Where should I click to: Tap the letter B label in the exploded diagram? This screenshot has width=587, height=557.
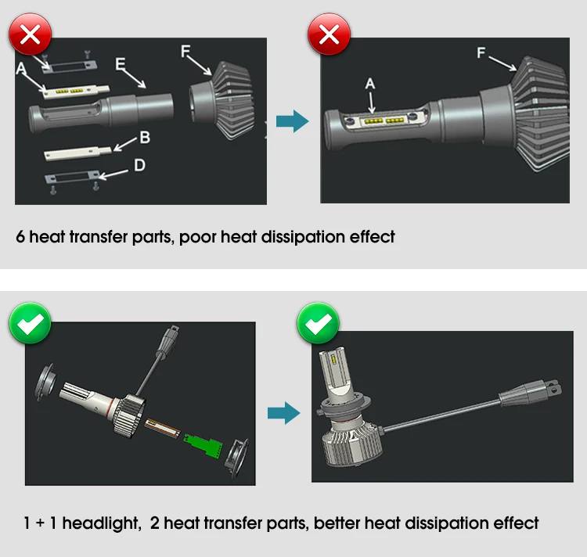click(x=144, y=138)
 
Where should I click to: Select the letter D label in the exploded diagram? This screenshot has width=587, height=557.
click(x=139, y=165)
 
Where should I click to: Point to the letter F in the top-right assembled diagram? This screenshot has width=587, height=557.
click(x=481, y=53)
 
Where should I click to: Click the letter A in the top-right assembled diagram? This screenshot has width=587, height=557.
click(x=370, y=84)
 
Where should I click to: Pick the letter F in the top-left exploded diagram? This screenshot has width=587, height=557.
click(x=185, y=51)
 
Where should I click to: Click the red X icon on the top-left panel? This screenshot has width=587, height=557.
click(x=30, y=36)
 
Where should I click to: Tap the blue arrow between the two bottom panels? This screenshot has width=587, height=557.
click(x=283, y=413)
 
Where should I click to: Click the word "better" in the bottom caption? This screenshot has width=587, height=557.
click(x=337, y=523)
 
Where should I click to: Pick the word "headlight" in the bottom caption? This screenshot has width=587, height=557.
click(x=98, y=523)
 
